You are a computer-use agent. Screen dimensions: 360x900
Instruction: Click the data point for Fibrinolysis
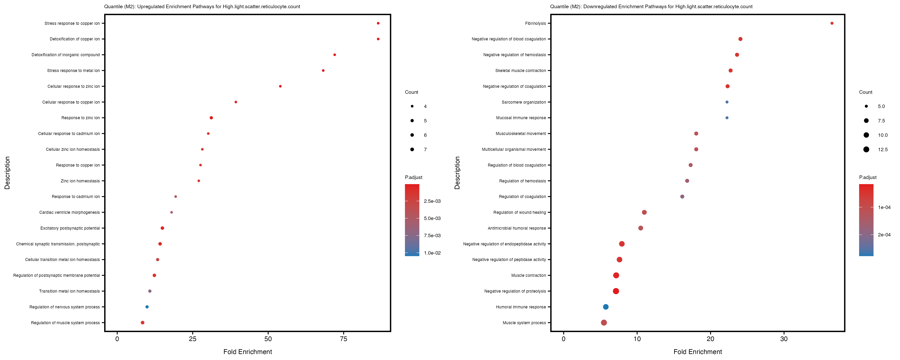point(832,23)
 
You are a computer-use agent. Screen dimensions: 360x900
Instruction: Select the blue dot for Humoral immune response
point(605,307)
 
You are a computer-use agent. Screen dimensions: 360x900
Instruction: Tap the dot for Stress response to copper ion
point(378,23)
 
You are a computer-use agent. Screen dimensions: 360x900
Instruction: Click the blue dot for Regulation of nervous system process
point(147,307)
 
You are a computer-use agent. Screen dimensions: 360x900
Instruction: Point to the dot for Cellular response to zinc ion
point(280,86)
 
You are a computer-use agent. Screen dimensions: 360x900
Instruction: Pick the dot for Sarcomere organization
point(727,102)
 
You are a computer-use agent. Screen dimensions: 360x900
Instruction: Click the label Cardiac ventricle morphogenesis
point(70,213)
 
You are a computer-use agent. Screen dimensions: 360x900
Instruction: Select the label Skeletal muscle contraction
point(520,71)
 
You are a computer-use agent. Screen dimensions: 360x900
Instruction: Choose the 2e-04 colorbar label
point(884,235)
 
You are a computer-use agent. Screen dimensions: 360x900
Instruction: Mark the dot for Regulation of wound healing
point(644,213)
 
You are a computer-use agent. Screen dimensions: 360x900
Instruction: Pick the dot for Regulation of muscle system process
point(143,323)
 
